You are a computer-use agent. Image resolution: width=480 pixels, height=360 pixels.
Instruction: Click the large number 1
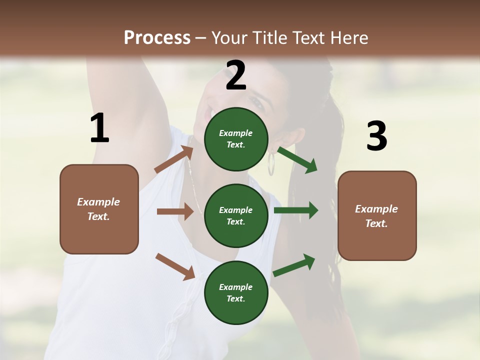[x=99, y=128]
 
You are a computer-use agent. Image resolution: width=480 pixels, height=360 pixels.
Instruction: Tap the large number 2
[x=236, y=75]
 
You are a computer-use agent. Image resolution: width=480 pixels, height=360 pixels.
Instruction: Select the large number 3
[x=376, y=136]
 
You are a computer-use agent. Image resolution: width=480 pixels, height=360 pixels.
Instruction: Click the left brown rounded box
[x=99, y=209]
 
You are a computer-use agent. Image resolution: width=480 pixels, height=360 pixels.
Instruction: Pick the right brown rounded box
[x=377, y=215]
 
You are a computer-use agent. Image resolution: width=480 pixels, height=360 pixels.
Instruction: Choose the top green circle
[x=236, y=139]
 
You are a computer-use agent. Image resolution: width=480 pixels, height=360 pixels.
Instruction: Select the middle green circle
[x=236, y=215]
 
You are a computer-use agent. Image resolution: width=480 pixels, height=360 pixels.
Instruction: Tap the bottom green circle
[x=236, y=292]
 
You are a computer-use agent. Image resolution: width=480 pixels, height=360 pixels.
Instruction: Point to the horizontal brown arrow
[x=175, y=211]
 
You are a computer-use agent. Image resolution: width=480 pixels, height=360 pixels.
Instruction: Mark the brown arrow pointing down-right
[x=175, y=266]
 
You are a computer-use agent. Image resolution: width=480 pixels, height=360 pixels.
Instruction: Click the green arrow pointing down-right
[x=297, y=160]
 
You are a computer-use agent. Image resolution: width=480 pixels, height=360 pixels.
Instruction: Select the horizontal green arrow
[x=296, y=210]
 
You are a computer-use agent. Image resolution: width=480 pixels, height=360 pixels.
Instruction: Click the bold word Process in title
[x=157, y=37]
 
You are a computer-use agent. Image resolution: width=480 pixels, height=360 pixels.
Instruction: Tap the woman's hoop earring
[x=271, y=163]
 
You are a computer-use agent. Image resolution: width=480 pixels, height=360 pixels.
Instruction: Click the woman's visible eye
[x=257, y=103]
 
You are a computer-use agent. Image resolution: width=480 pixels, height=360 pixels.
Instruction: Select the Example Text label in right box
[x=376, y=216]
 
